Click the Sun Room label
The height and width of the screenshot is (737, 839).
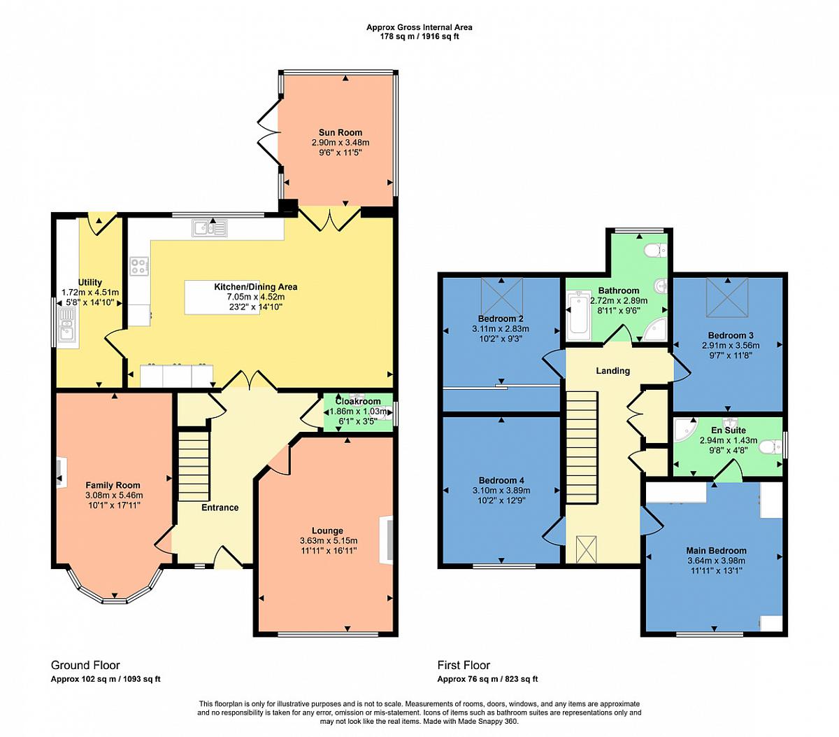tap(340, 133)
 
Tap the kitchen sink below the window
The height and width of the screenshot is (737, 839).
tap(210, 228)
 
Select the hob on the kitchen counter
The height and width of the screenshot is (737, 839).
tap(139, 266)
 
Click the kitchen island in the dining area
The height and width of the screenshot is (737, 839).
tap(222, 297)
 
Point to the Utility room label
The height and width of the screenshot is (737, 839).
tap(90, 282)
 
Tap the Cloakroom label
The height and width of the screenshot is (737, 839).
tap(358, 401)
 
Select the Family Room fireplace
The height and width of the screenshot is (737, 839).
tap(60, 472)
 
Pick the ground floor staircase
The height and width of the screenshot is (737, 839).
tap(194, 466)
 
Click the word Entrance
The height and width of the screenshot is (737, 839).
tap(220, 507)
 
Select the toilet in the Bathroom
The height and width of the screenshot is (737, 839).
tap(656, 250)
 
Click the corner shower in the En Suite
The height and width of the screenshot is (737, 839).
tap(685, 430)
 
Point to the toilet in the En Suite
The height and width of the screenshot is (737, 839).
tap(771, 448)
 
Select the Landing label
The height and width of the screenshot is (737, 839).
tap(613, 370)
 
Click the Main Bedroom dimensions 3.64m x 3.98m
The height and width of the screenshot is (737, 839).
tap(717, 561)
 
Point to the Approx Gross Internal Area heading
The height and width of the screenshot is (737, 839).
tap(419, 27)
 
